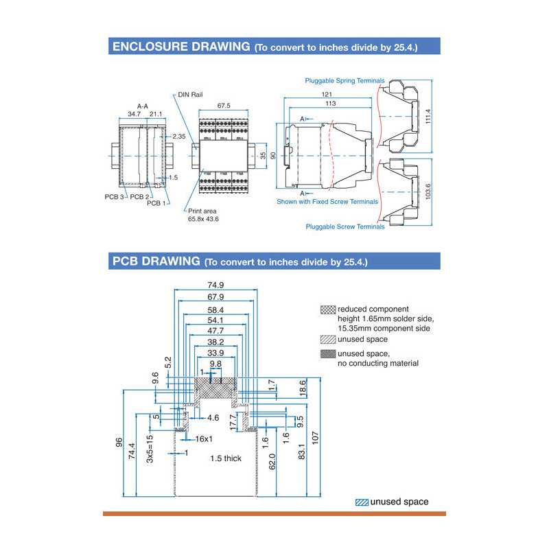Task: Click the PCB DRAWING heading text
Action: point(155,262)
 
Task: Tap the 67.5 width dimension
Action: point(223,106)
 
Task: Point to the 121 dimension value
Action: point(327,94)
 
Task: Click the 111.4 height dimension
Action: point(428,116)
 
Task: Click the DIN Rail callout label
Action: point(190,95)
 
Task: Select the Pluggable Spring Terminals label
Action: point(344,80)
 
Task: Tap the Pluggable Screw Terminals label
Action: point(345,226)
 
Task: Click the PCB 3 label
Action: point(113,197)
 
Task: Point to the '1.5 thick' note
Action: point(226,458)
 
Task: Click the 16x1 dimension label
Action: point(205,439)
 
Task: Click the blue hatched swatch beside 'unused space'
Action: point(362,502)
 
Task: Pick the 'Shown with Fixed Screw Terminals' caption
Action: point(327,202)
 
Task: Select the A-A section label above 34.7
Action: point(143,106)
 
